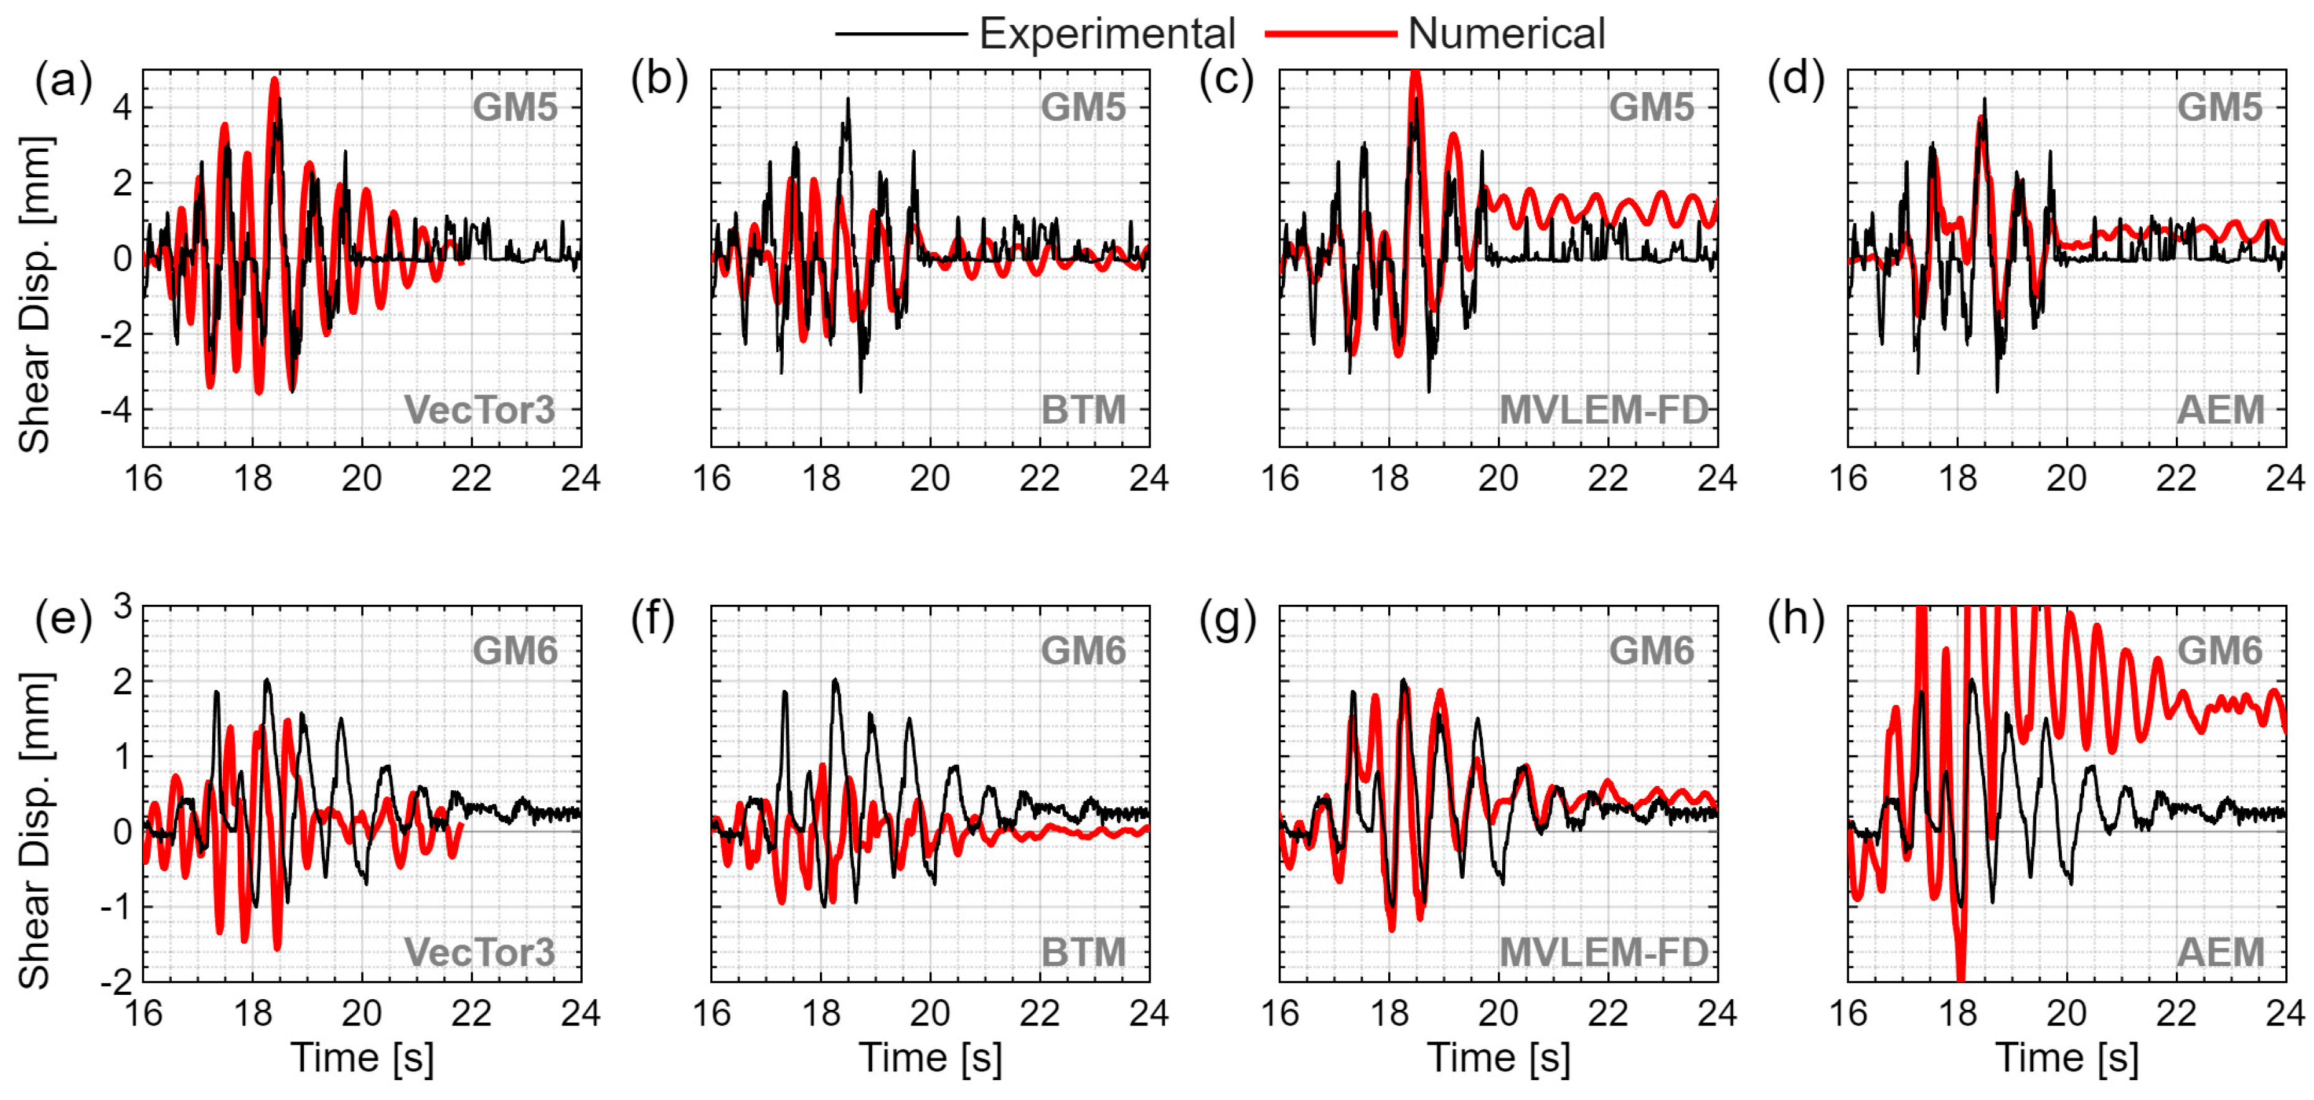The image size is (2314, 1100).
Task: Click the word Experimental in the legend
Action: click(x=1107, y=34)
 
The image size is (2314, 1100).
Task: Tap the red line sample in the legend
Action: click(x=1330, y=34)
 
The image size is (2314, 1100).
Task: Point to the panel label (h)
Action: click(x=1795, y=620)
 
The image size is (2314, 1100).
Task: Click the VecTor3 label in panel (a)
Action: click(x=480, y=411)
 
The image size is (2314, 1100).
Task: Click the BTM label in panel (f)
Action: click(x=1083, y=953)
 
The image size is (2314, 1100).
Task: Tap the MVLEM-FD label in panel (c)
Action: click(x=1604, y=411)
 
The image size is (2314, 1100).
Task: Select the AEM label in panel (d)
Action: click(x=2221, y=411)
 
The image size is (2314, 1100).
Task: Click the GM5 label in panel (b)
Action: click(x=1083, y=108)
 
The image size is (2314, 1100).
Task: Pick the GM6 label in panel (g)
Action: click(x=1651, y=651)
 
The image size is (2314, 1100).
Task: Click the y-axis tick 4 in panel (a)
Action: click(x=122, y=108)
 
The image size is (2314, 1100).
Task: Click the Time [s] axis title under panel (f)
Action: click(x=931, y=1058)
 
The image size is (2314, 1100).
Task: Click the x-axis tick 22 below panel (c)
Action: click(x=1608, y=478)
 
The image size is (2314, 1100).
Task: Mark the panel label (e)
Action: click(x=63, y=620)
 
